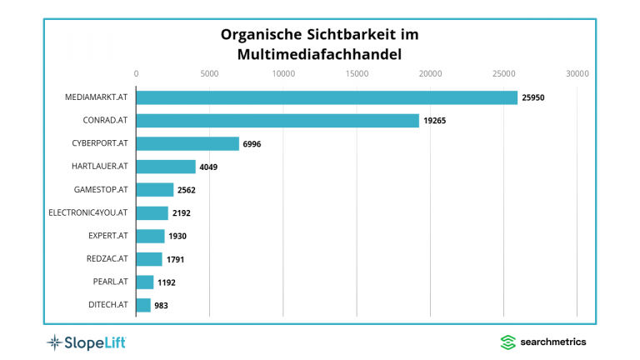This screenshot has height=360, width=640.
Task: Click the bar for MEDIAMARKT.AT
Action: tap(327, 97)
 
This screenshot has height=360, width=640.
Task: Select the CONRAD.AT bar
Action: tap(277, 121)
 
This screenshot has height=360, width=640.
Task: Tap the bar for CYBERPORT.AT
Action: tap(187, 143)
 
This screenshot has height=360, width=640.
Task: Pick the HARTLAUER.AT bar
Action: tap(166, 167)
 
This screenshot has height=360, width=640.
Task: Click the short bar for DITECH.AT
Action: tap(143, 305)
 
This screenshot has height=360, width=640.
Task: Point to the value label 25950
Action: tap(533, 97)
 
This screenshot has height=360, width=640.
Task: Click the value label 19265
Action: tap(435, 121)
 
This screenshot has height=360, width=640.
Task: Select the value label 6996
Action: tap(252, 144)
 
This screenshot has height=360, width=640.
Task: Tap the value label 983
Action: tap(162, 306)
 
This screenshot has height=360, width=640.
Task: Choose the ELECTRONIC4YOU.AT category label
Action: tap(88, 212)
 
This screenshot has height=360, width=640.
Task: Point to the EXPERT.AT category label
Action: tap(107, 236)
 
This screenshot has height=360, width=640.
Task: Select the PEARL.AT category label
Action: tap(110, 282)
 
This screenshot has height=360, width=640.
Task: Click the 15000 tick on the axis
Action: tap(357, 73)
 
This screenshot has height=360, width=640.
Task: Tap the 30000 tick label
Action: tap(577, 73)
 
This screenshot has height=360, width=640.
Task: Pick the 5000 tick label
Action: tap(209, 73)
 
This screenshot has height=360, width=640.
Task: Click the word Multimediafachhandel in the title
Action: tap(319, 54)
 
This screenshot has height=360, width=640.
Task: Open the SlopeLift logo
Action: tap(86, 342)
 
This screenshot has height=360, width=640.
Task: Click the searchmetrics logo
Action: tap(542, 342)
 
